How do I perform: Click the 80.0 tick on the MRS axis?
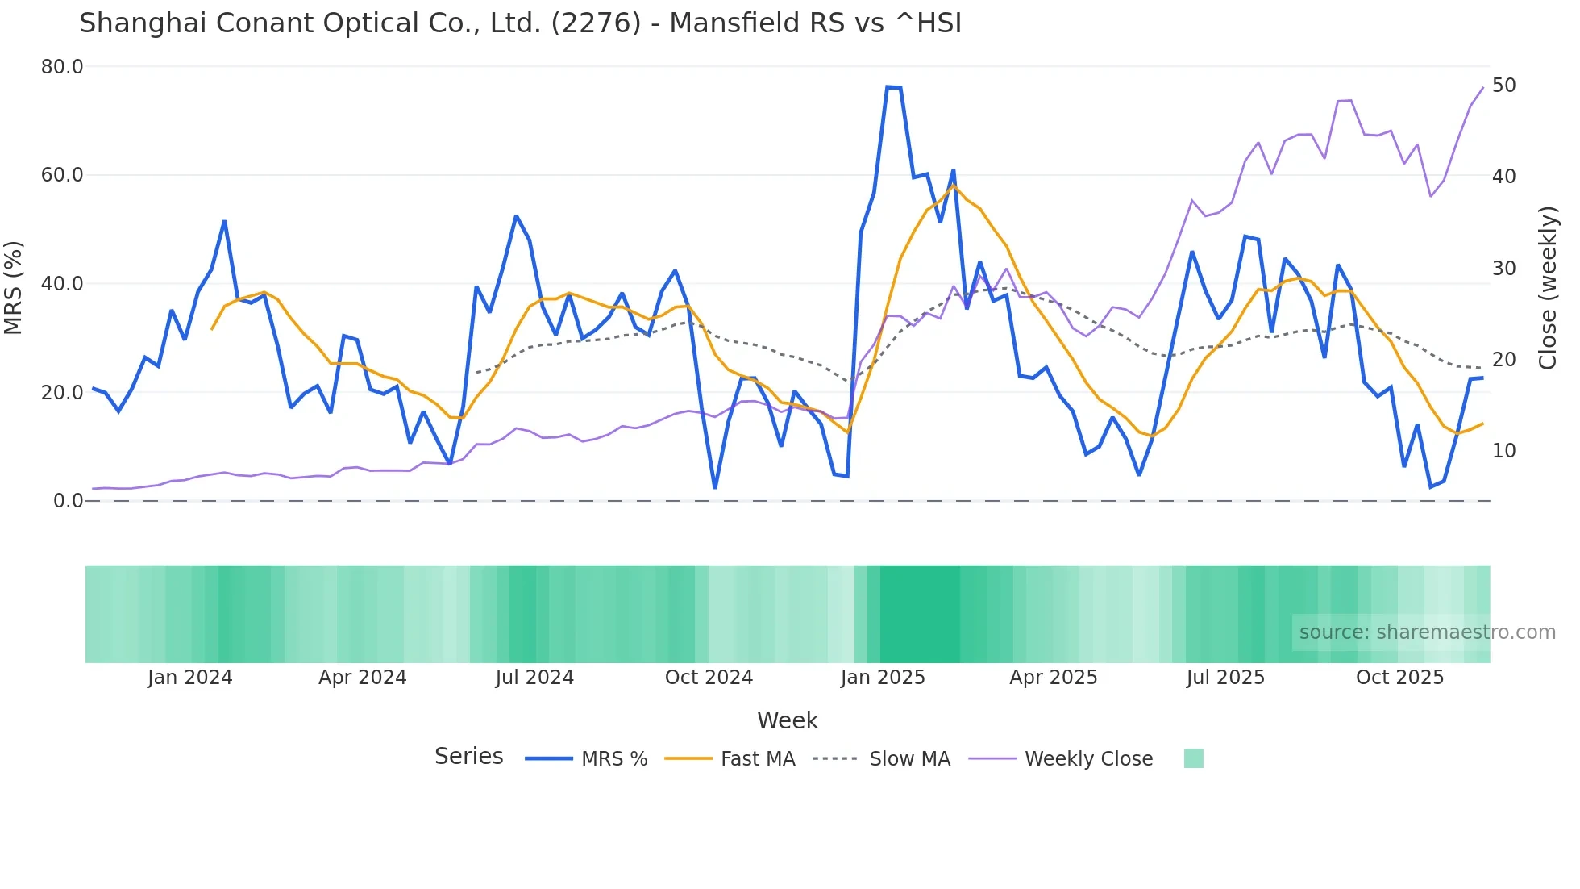tap(62, 67)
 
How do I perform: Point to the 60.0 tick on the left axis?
tap(62, 175)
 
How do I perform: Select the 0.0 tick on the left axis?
tap(69, 501)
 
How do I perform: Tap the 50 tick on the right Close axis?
tap(1503, 86)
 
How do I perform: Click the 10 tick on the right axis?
tap(1503, 451)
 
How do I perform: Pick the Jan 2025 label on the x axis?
tap(883, 678)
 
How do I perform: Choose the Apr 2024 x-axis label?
tap(362, 678)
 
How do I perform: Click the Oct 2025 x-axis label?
tap(1399, 678)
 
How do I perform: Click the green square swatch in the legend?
tap(1193, 758)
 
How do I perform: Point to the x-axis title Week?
tap(787, 720)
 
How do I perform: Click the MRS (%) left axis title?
tap(14, 287)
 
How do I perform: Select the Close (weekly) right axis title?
tap(1547, 288)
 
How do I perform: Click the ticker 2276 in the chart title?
tap(596, 23)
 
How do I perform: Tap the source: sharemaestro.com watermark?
tap(1427, 632)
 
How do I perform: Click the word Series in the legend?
tap(468, 757)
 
